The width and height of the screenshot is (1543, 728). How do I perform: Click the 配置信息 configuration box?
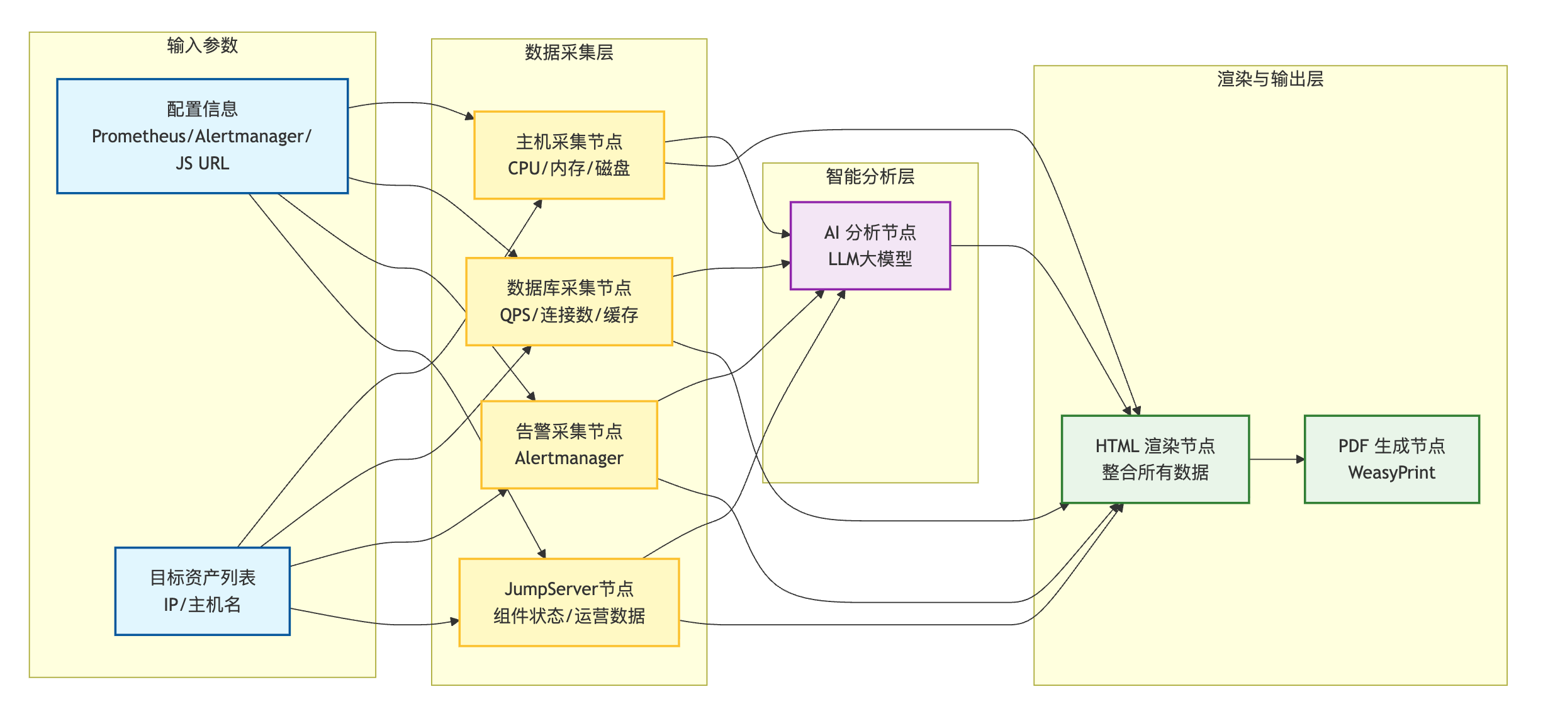(202, 135)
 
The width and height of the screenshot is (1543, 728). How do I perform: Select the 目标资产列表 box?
(202, 591)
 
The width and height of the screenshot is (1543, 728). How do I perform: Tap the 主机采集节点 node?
(569, 155)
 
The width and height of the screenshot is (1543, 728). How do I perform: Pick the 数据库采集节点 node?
(569, 301)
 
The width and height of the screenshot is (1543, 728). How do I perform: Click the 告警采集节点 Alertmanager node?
(569, 445)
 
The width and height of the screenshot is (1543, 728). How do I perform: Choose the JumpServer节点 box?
(569, 602)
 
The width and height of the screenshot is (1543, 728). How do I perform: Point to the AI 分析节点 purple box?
(870, 246)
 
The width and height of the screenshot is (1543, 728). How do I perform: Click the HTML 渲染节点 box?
(1155, 459)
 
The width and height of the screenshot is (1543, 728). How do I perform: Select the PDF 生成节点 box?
(1391, 459)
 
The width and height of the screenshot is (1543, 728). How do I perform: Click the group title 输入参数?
(202, 45)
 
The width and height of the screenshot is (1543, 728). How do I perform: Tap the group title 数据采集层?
(569, 52)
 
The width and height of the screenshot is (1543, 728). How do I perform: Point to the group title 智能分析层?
(870, 176)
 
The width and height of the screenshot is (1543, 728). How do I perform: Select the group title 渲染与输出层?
(1270, 79)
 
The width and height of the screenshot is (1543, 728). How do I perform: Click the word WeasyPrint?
(1391, 472)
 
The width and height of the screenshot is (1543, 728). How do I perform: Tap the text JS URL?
(202, 163)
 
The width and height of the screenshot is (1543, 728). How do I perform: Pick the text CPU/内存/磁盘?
(569, 168)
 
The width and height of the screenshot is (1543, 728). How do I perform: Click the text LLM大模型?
(870, 259)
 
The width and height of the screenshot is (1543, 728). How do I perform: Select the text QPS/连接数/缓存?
(569, 314)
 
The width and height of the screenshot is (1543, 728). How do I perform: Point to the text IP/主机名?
(202, 605)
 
